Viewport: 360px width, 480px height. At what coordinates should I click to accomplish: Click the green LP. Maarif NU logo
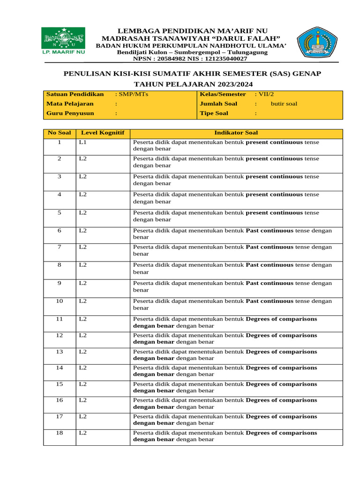click(x=63, y=42)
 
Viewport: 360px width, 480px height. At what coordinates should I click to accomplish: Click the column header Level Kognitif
click(x=103, y=133)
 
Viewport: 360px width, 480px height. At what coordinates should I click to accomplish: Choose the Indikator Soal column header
click(x=236, y=133)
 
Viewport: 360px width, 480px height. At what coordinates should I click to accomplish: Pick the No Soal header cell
click(x=60, y=133)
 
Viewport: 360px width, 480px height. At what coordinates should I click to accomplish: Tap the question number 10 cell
click(x=60, y=301)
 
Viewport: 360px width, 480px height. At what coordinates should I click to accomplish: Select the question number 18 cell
click(x=60, y=433)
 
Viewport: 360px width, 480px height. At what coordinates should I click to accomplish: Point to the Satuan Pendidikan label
click(x=75, y=94)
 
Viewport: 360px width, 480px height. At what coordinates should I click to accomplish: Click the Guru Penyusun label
click(x=70, y=113)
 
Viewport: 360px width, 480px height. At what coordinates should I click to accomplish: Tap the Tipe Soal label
click(x=214, y=113)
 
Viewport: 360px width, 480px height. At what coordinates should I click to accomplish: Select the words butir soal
click(x=284, y=104)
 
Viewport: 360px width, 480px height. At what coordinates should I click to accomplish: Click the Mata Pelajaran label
click(x=70, y=104)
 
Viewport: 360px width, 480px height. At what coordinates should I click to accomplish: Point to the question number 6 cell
click(x=60, y=231)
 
